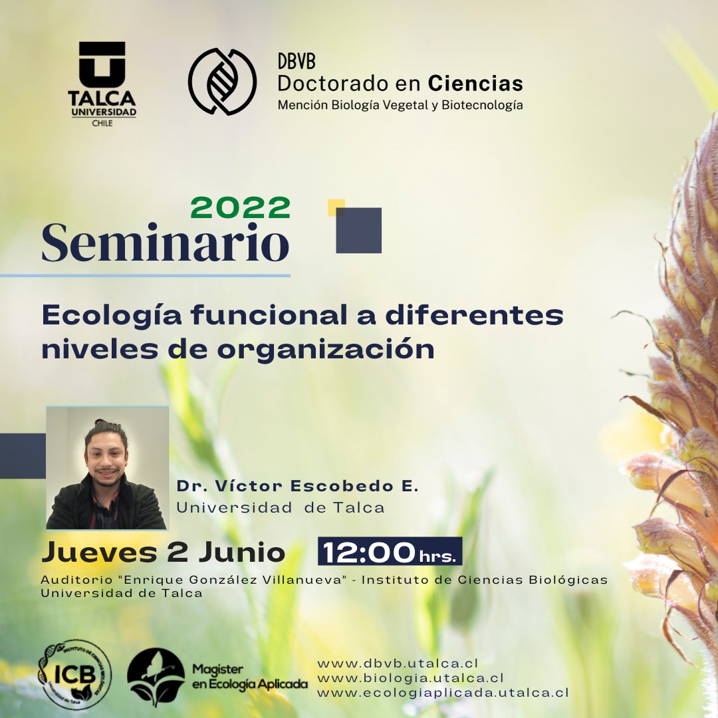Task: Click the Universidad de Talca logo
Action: (x=102, y=82)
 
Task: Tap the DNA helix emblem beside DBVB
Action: (x=222, y=81)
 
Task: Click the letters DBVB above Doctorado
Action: (x=297, y=62)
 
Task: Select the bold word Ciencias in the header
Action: (x=475, y=84)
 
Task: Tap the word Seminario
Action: (x=166, y=243)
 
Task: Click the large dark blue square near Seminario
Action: (x=359, y=231)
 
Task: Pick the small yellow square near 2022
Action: (x=335, y=207)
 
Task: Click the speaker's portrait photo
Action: (x=107, y=468)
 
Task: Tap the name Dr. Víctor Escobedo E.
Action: (x=297, y=487)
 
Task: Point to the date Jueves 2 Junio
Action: (x=164, y=552)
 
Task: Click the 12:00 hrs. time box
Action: (x=390, y=552)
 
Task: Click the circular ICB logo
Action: (x=75, y=674)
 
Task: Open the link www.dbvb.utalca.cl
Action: (x=398, y=663)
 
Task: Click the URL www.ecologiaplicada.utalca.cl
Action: (x=443, y=693)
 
